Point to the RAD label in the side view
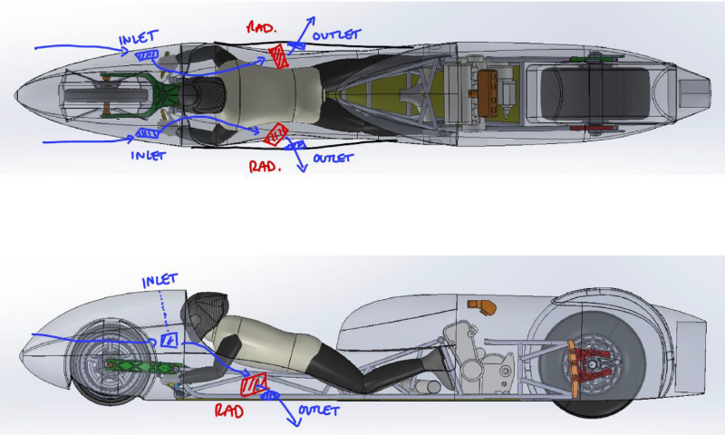click(x=228, y=411)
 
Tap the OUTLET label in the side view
click(x=317, y=411)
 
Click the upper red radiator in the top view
click(x=280, y=56)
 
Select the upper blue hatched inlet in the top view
click(x=146, y=55)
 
